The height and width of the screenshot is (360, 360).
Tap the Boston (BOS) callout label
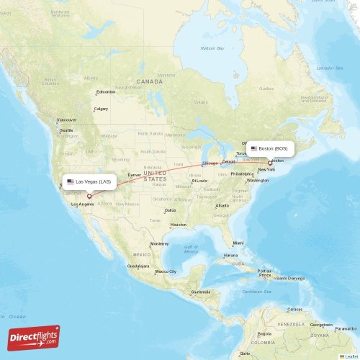[x=271, y=148]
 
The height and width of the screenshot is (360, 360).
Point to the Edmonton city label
[x=107, y=91]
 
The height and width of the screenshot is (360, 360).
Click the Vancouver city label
[x=66, y=120]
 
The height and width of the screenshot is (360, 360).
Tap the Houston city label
[x=178, y=225]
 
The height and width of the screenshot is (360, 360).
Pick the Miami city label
[x=238, y=243]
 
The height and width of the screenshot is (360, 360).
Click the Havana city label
[x=230, y=256]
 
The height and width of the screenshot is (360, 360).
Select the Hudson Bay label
[x=212, y=48]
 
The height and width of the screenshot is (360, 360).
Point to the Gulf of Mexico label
[x=191, y=250]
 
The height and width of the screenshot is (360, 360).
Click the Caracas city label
[x=294, y=310]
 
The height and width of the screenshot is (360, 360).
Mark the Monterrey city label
[x=159, y=244]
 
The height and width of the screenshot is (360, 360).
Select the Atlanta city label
[x=222, y=206]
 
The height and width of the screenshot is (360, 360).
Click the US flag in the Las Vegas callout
[x=71, y=181]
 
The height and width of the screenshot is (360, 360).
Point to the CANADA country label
[x=150, y=82]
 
